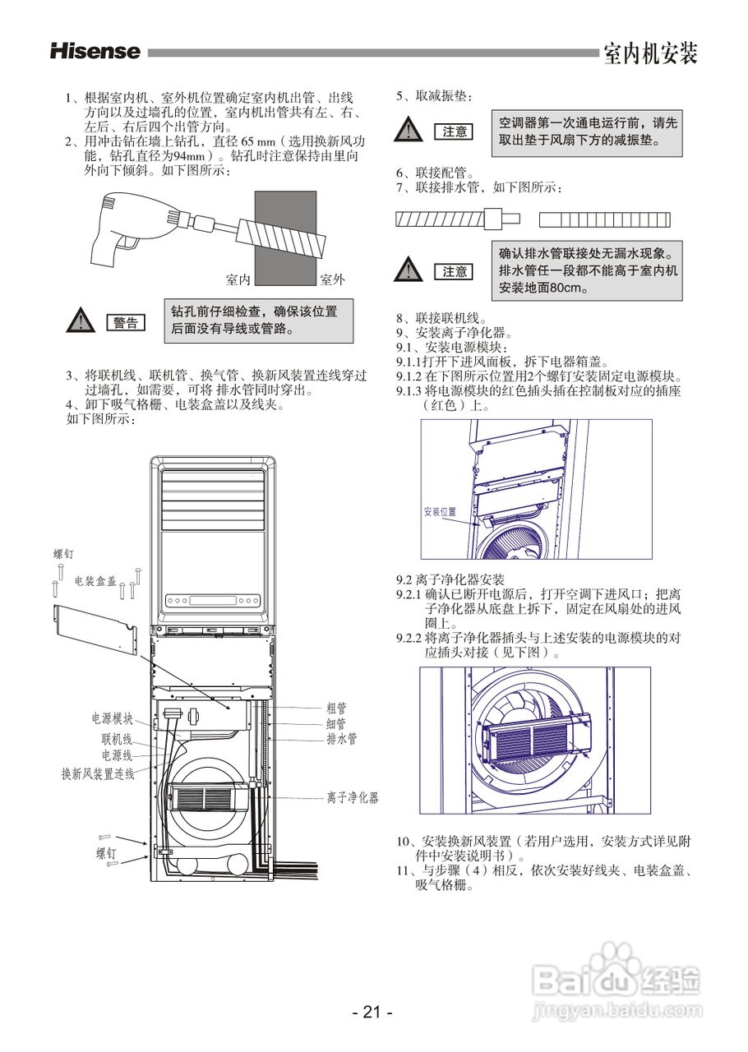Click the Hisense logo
pos(95,52)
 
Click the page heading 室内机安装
pos(649,54)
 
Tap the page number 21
pos(372,1013)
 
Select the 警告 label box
pos(126,323)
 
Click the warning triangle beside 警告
pos(80,321)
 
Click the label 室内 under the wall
pos(238,280)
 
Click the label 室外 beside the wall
pos(331,280)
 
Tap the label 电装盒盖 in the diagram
pos(95,581)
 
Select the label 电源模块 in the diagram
pos(112,718)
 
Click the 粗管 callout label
pos(336,708)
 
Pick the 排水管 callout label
pos(341,738)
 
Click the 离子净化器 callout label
pos(352,797)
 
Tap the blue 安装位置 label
pos(440,511)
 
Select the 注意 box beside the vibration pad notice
pos(455,131)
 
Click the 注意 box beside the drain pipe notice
pos(455,271)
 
